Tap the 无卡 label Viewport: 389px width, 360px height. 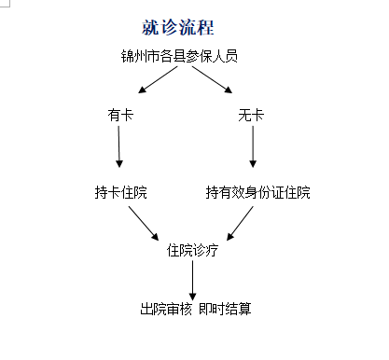tap(251, 117)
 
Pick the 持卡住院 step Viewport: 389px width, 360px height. tap(120, 193)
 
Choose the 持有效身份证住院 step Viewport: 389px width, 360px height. tap(258, 193)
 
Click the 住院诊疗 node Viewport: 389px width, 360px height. tap(192, 250)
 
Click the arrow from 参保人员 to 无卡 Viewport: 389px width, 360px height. tap(214, 81)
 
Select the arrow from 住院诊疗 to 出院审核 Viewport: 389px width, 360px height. tap(192, 278)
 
